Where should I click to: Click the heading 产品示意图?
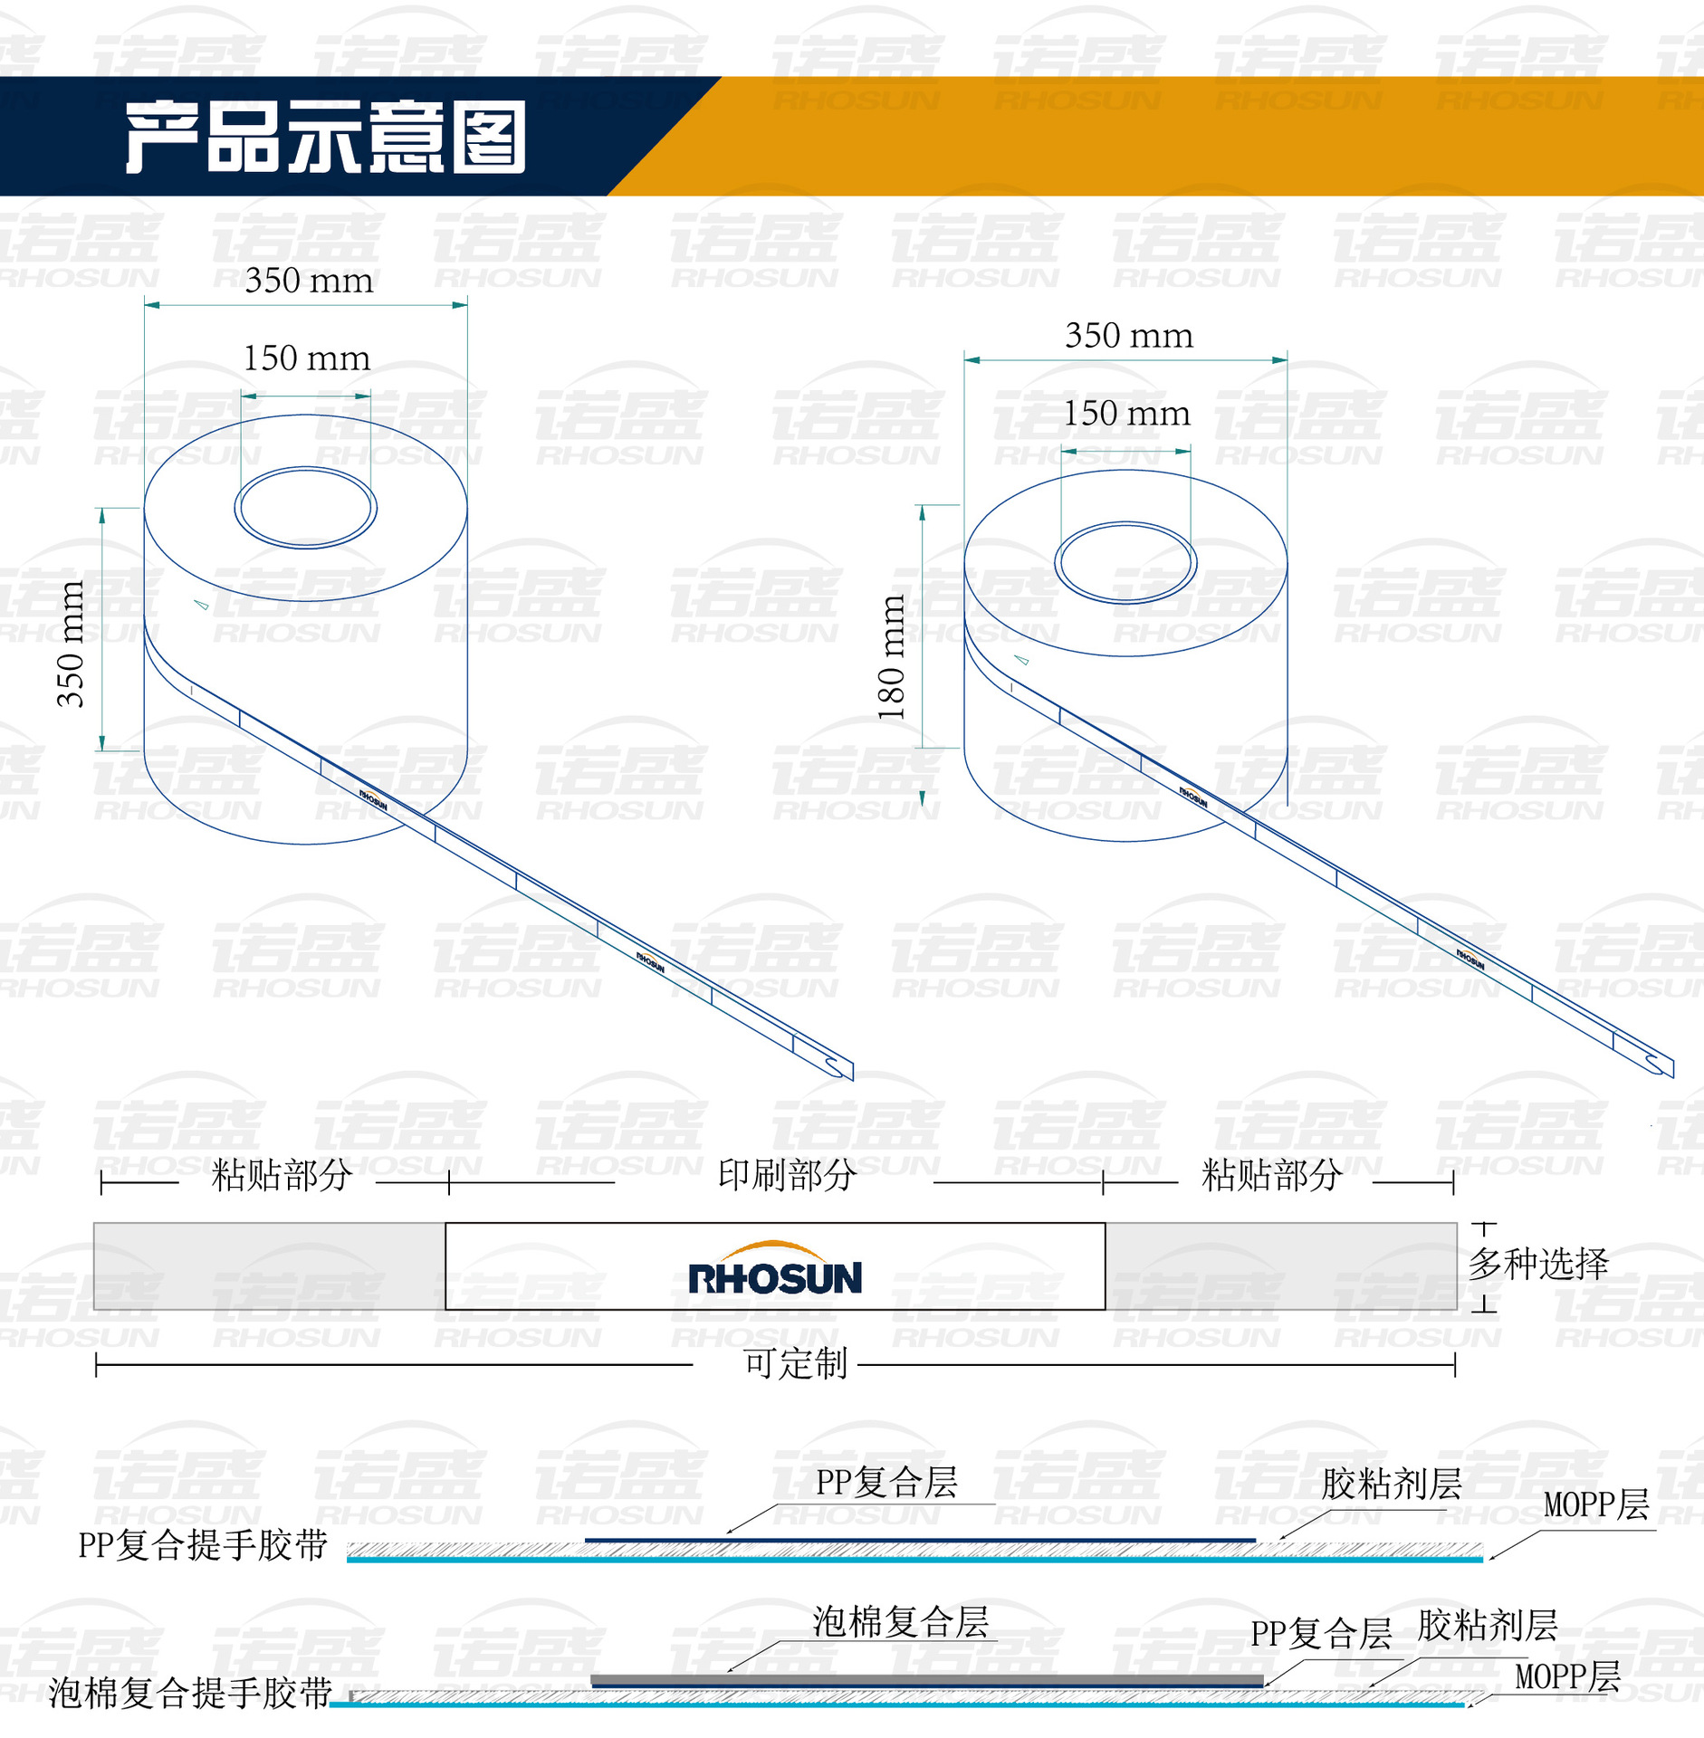(326, 137)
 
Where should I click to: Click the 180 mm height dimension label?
(892, 657)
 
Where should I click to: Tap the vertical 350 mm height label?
(70, 644)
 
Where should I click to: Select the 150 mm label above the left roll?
(307, 358)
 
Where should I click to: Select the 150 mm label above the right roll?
(1126, 414)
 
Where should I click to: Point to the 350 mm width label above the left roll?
(309, 281)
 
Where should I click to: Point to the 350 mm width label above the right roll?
(1129, 336)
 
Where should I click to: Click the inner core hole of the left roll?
(306, 508)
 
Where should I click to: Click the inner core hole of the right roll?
(1125, 563)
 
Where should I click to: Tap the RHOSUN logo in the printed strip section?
(775, 1268)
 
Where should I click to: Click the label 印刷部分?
(787, 1175)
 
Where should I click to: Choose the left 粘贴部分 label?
(282, 1175)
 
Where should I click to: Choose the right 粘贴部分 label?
(1271, 1175)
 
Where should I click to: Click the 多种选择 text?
(1538, 1264)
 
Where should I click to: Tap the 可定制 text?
(795, 1363)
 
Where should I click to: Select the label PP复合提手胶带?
(203, 1545)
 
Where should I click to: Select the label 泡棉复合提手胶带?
(190, 1693)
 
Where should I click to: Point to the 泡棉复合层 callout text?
(900, 1622)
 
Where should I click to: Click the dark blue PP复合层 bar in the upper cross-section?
(920, 1540)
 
